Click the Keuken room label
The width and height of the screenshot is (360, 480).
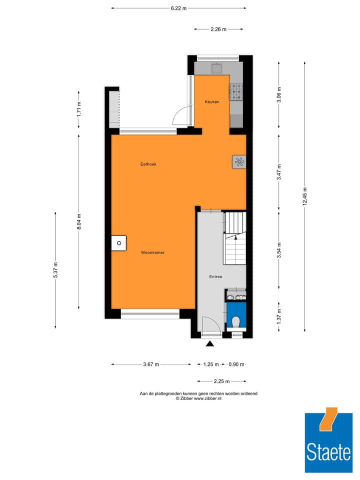point(212,102)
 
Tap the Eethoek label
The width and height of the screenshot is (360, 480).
point(148,164)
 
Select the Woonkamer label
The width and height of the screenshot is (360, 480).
point(152,252)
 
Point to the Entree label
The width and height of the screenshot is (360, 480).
point(215,276)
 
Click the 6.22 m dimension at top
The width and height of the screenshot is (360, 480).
point(178,8)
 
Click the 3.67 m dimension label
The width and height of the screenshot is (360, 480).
point(151,364)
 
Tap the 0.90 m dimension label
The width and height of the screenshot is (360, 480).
point(236,364)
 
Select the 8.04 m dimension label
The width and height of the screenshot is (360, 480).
point(78,221)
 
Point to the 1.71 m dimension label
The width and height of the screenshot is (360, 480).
point(78,109)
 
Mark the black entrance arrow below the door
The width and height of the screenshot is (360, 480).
point(210,343)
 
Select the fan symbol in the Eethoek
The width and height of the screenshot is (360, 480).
point(239,162)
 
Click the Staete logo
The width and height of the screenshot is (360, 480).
point(328,440)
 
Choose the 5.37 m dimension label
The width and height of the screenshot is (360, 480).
point(56,270)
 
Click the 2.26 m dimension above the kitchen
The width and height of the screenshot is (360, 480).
point(218,29)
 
